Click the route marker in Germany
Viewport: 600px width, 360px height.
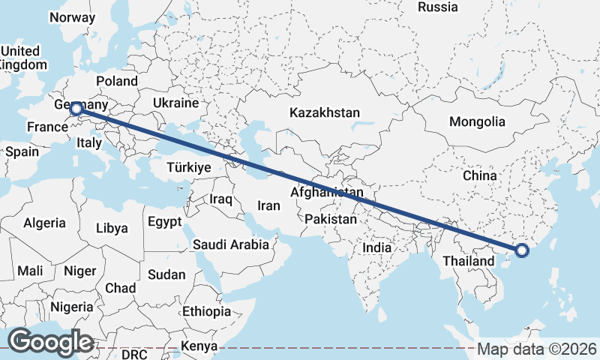coord(76,109)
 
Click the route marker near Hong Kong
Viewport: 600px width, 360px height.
coord(523,250)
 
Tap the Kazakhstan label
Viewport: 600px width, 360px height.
coord(325,112)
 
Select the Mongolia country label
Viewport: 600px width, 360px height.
coord(477,121)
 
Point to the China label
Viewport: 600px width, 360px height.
coord(480,175)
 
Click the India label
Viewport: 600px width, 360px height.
coord(377,247)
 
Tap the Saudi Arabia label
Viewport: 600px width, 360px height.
coord(230,244)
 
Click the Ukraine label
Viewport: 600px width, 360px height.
coord(175,103)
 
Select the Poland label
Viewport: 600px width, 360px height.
coord(117,81)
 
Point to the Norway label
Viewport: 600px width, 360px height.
coord(71,17)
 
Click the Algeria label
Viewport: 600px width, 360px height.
coord(44,223)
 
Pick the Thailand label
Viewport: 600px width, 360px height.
coord(468,261)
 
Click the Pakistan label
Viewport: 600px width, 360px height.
coord(331,219)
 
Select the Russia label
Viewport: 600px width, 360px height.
coord(438,7)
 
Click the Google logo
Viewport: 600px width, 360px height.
coord(50,342)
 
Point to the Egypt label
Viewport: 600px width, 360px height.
coord(164,222)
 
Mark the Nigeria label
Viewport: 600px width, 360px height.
coord(73,307)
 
